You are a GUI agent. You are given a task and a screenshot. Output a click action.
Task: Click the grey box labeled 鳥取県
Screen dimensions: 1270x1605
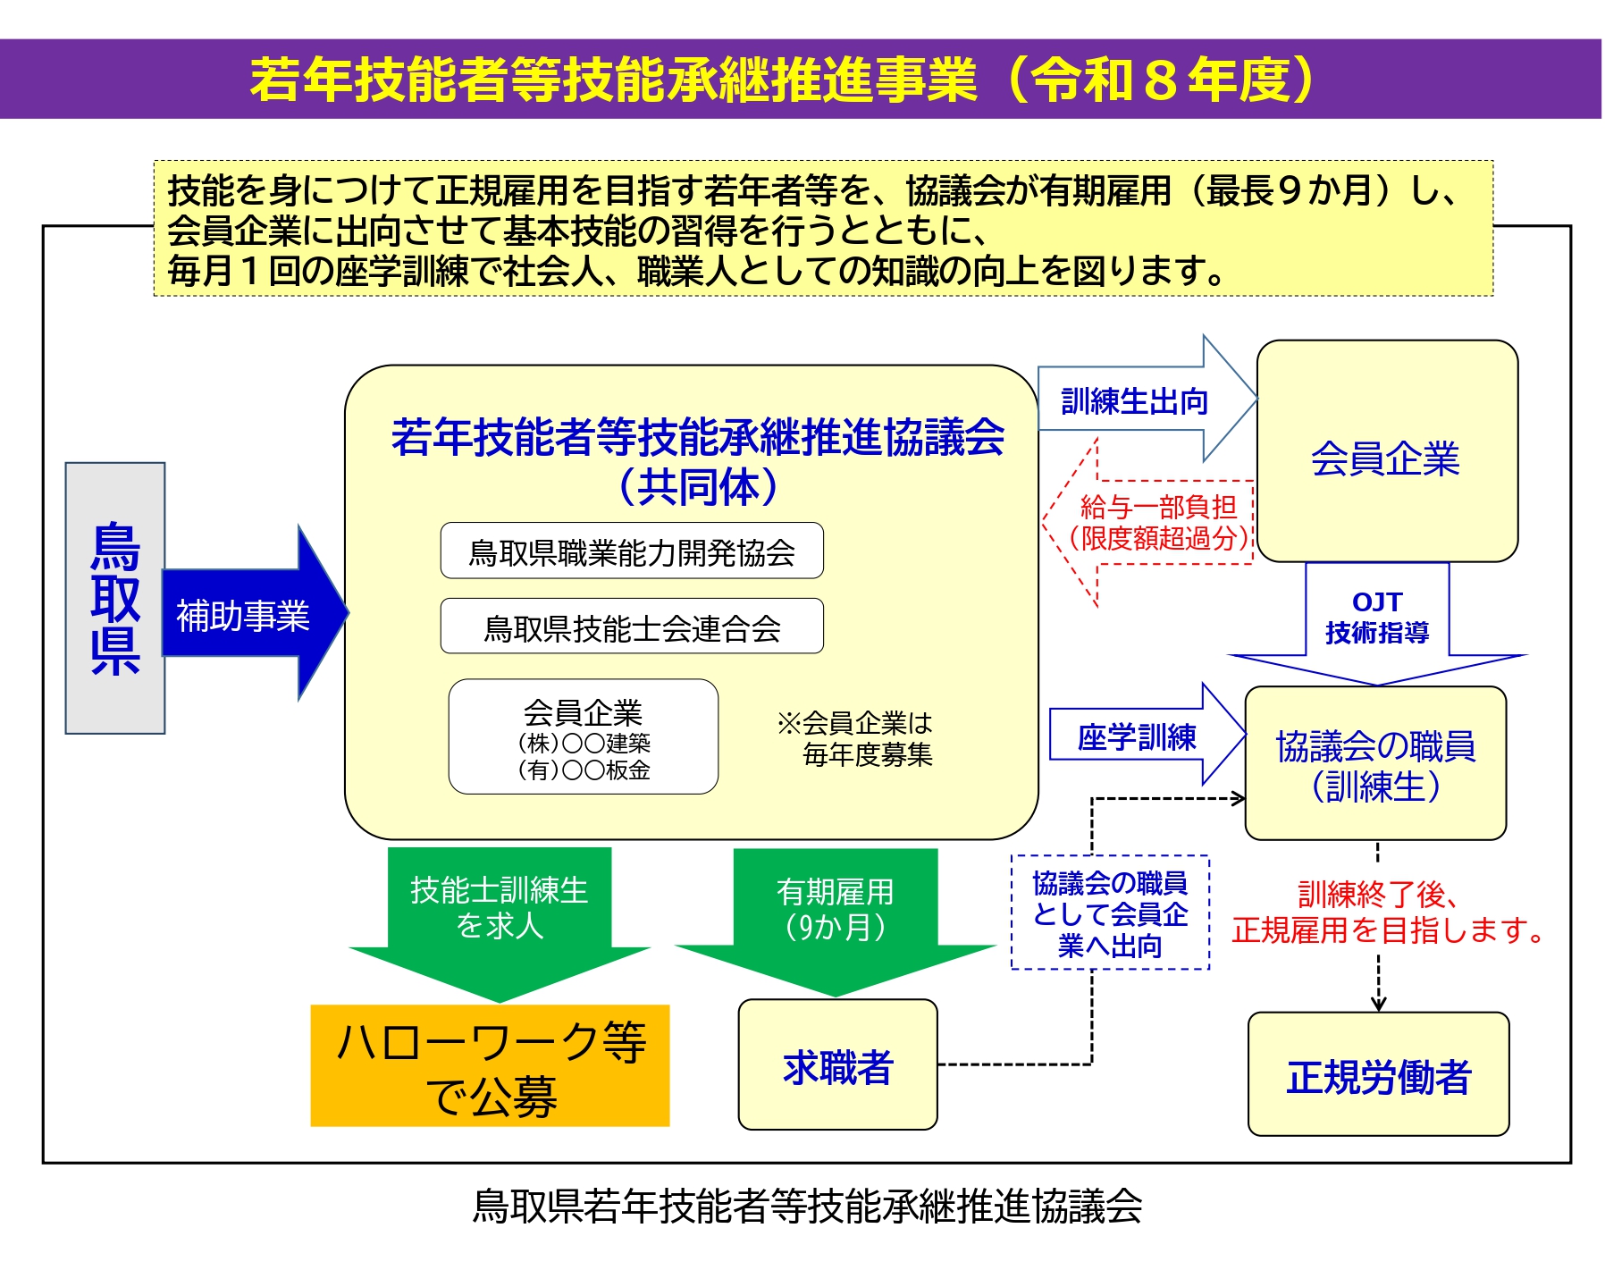tap(115, 598)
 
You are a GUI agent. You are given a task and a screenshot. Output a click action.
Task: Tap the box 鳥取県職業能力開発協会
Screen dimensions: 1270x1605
tap(632, 551)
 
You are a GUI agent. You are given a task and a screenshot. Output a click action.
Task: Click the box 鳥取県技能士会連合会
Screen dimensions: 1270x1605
tap(632, 627)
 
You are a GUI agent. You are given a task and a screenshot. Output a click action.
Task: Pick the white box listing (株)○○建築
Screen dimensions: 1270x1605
tap(583, 736)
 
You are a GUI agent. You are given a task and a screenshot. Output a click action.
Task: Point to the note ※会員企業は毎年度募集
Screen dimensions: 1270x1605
tap(856, 738)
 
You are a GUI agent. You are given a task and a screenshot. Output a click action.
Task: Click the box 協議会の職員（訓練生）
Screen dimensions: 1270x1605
tap(1374, 764)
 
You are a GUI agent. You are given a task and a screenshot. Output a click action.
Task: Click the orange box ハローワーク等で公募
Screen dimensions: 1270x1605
tap(490, 1066)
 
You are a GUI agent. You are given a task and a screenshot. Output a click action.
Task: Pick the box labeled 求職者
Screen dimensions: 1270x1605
tap(837, 1065)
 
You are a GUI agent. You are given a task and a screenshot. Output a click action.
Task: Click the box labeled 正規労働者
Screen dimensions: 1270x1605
tap(1377, 1075)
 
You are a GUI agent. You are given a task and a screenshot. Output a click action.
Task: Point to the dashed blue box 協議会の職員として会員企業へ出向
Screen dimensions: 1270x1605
tap(1109, 913)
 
